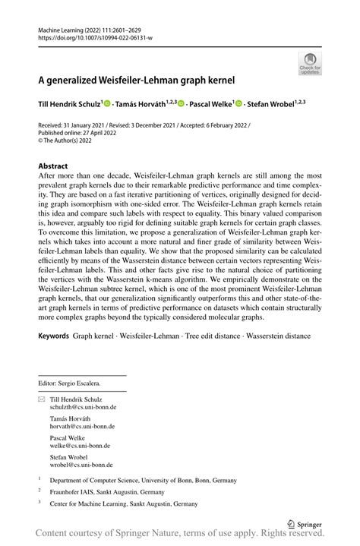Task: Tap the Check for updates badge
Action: (x=311, y=63)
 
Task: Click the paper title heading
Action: (x=137, y=78)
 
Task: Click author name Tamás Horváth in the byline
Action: (x=144, y=103)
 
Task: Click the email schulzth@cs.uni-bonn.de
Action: (x=81, y=407)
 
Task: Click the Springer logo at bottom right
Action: (x=304, y=523)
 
